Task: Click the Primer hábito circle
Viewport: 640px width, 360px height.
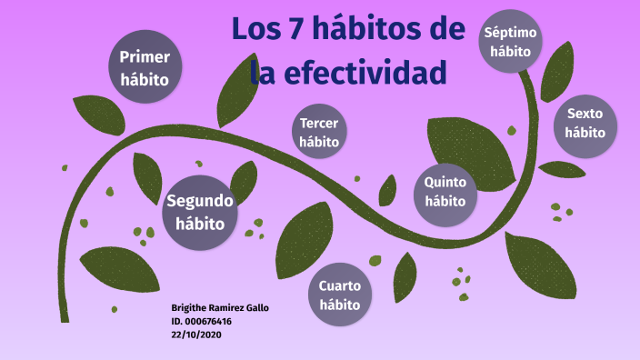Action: tap(145, 68)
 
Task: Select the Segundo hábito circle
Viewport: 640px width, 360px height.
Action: tap(200, 212)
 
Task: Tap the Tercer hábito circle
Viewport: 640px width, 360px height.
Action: tap(319, 133)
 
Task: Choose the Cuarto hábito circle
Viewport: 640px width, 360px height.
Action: tap(340, 295)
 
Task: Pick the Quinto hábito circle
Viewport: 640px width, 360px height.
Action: tap(445, 192)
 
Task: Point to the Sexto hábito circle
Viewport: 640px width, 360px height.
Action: tap(585, 123)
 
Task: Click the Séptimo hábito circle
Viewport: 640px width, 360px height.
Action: tap(510, 42)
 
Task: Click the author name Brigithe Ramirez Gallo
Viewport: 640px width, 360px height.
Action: tap(220, 308)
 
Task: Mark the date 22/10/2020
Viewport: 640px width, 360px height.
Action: tap(196, 334)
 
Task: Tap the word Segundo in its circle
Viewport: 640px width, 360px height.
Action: tap(200, 201)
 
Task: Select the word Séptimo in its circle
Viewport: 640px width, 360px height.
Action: tap(510, 33)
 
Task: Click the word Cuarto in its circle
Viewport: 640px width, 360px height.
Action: tap(340, 286)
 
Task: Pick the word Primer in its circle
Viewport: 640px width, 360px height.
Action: tap(145, 58)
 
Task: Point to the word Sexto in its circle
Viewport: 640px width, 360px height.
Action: tap(585, 114)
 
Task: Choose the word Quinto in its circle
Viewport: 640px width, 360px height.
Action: tap(445, 182)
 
